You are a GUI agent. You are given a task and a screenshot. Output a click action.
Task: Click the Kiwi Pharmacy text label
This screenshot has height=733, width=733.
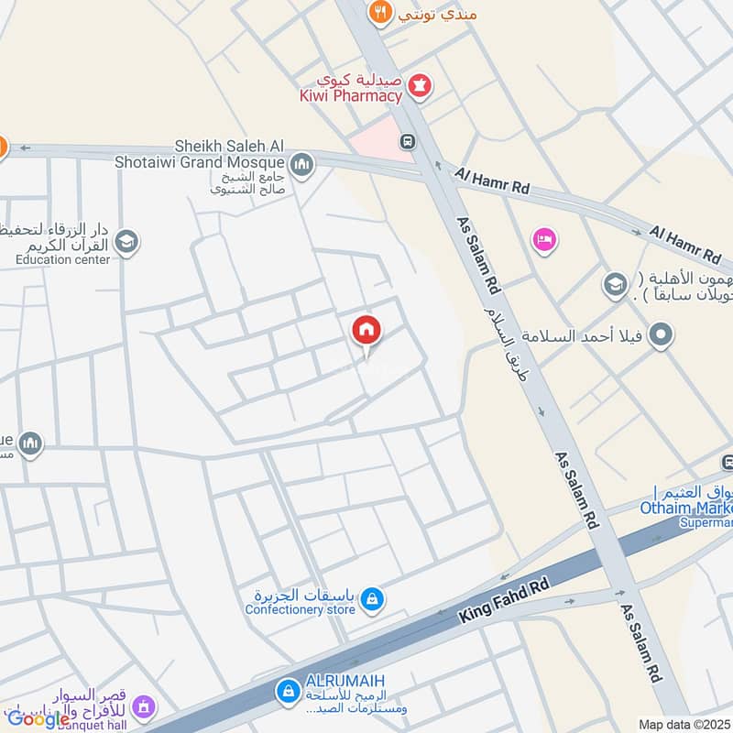(351, 95)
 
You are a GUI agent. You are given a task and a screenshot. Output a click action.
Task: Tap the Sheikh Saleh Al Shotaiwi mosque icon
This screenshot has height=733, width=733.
(301, 165)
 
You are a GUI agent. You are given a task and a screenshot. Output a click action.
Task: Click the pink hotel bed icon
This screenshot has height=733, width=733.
(544, 240)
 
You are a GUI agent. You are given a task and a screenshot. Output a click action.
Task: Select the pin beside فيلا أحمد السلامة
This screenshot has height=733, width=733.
(658, 336)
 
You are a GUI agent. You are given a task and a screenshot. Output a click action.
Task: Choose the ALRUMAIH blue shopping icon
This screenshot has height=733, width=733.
(287, 689)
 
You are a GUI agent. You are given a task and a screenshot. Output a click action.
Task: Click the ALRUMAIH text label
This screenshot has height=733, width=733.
(345, 680)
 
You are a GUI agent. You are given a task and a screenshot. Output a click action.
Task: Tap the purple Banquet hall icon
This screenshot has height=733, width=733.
(142, 706)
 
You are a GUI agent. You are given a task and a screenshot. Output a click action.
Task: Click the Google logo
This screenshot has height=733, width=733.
(38, 720)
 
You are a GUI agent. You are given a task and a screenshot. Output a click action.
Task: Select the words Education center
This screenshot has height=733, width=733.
(62, 259)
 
